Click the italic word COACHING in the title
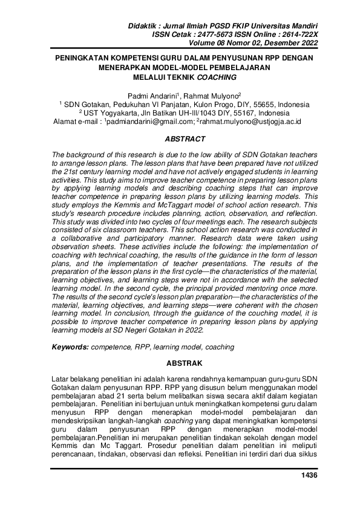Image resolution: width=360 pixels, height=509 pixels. [x=216, y=77]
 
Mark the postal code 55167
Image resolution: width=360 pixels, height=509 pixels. [x=227, y=113]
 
